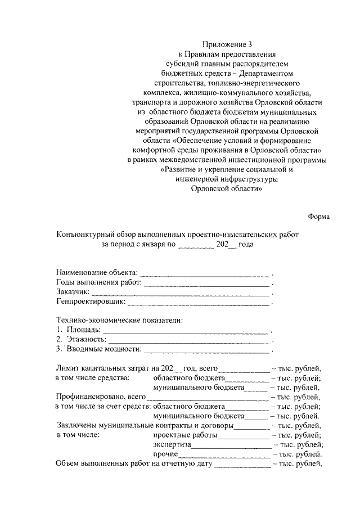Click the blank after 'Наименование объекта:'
pos(205,273)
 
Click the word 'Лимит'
pos(67,368)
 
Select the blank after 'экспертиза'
pos(231,445)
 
